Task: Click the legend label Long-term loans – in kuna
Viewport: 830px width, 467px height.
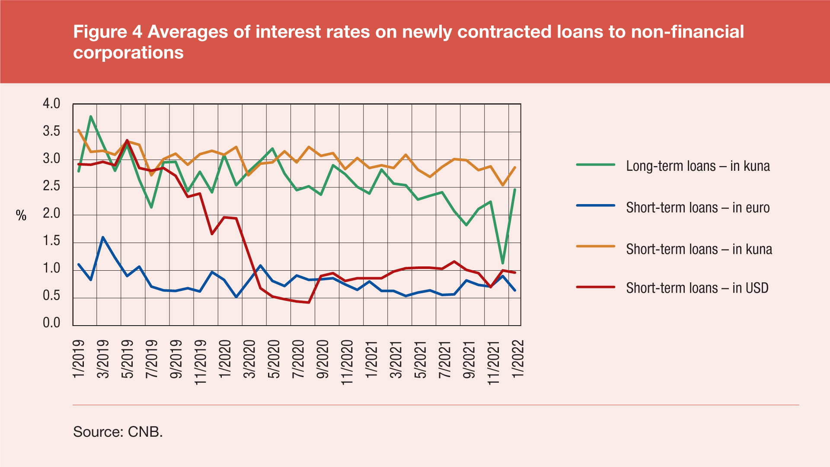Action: (698, 166)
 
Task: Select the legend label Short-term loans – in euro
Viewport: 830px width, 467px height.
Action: (698, 208)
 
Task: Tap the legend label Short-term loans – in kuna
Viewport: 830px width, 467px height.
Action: (699, 249)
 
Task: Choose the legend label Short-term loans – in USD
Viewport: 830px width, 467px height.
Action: (697, 288)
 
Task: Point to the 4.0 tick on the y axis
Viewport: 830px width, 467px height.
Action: (51, 104)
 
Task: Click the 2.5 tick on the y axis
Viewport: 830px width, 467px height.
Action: (51, 186)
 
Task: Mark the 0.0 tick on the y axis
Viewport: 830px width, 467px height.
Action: (51, 323)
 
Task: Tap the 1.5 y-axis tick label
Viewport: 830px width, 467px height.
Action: (51, 241)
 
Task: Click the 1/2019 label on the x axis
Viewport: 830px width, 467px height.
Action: (79, 359)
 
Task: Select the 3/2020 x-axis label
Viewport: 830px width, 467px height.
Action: (249, 359)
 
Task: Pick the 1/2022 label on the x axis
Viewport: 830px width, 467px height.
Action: (517, 359)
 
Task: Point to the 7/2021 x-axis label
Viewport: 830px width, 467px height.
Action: (445, 359)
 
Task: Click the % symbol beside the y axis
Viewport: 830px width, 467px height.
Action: (21, 215)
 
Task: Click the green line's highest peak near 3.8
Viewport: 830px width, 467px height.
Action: (91, 116)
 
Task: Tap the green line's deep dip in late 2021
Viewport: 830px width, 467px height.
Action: (503, 263)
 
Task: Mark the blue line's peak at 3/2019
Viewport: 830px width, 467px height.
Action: (103, 237)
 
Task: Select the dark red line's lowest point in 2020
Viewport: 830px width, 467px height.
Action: (309, 302)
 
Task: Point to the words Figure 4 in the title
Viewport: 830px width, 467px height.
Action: (108, 32)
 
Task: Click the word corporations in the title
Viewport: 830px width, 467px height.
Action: (128, 53)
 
